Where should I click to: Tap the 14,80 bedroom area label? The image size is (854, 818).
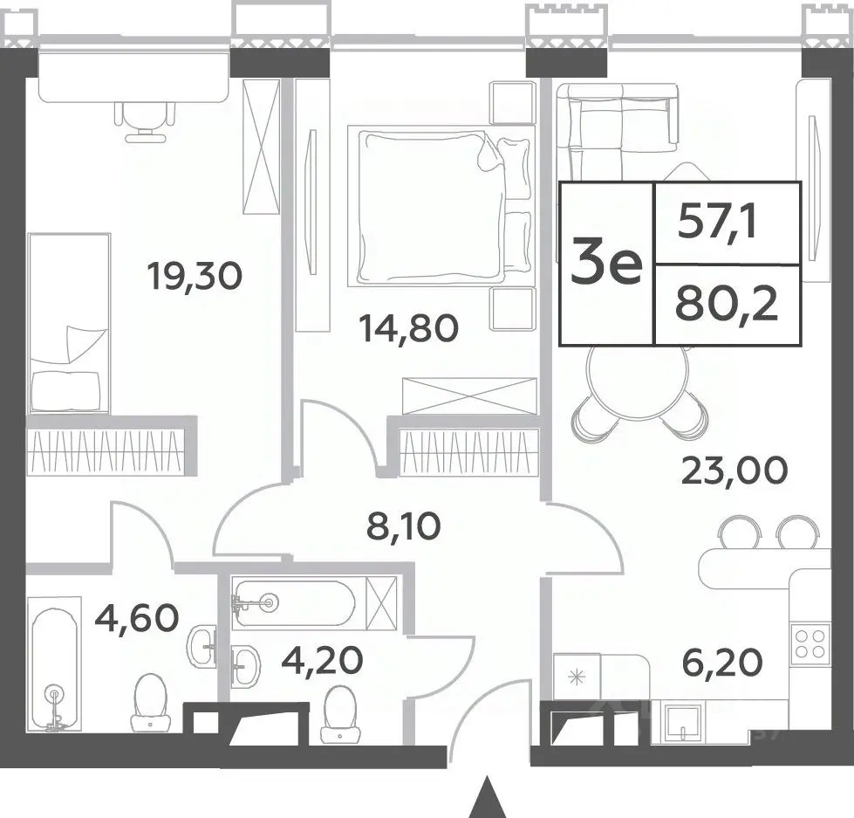click(x=408, y=328)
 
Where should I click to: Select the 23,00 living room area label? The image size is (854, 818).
click(x=734, y=470)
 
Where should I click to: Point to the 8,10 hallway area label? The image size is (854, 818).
click(x=404, y=526)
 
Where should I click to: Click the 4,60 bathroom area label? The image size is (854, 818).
click(x=137, y=617)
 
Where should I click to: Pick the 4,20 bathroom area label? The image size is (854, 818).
click(x=322, y=661)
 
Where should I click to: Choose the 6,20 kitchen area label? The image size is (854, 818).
click(x=722, y=663)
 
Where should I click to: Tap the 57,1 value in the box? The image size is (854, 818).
click(x=717, y=223)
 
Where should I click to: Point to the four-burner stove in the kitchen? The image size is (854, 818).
click(x=810, y=643)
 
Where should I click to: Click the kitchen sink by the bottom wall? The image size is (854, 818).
click(x=682, y=722)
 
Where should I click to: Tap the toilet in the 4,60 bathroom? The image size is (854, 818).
click(x=150, y=702)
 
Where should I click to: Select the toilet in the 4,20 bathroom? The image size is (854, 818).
click(x=340, y=714)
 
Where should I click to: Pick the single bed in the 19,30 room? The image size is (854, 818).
click(x=69, y=323)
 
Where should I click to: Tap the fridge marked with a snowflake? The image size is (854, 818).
click(x=577, y=677)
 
